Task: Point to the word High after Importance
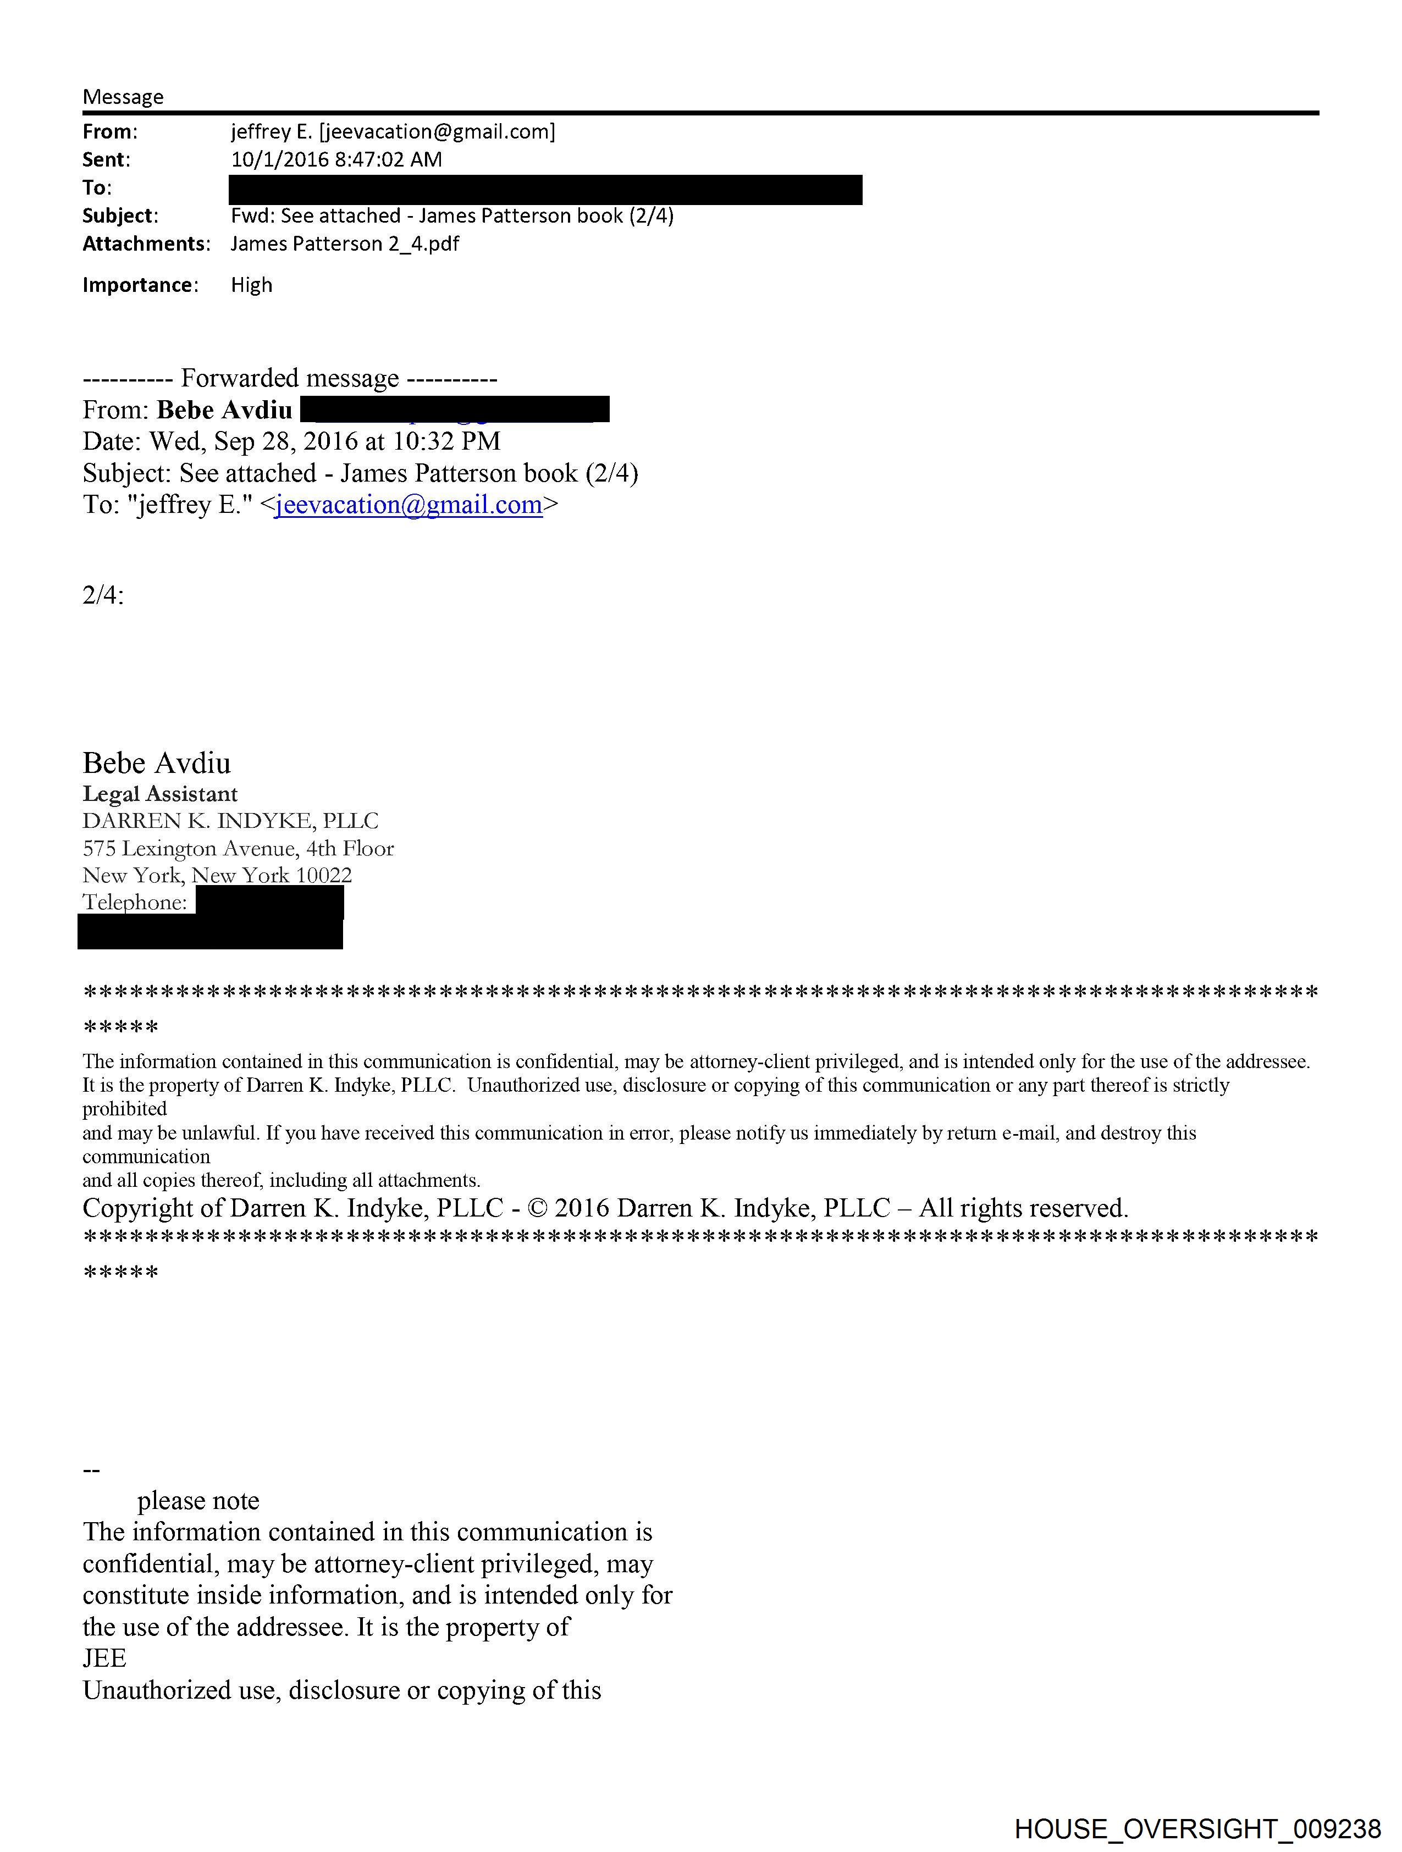[251, 285]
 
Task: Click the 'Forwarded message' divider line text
[290, 378]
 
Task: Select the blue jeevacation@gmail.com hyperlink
[409, 505]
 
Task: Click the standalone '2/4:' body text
[103, 595]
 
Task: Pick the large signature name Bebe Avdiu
[157, 763]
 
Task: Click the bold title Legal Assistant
[160, 794]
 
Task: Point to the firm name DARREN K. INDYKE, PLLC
[230, 821]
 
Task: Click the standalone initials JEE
[104, 1658]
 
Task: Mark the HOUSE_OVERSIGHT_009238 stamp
[1197, 1828]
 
